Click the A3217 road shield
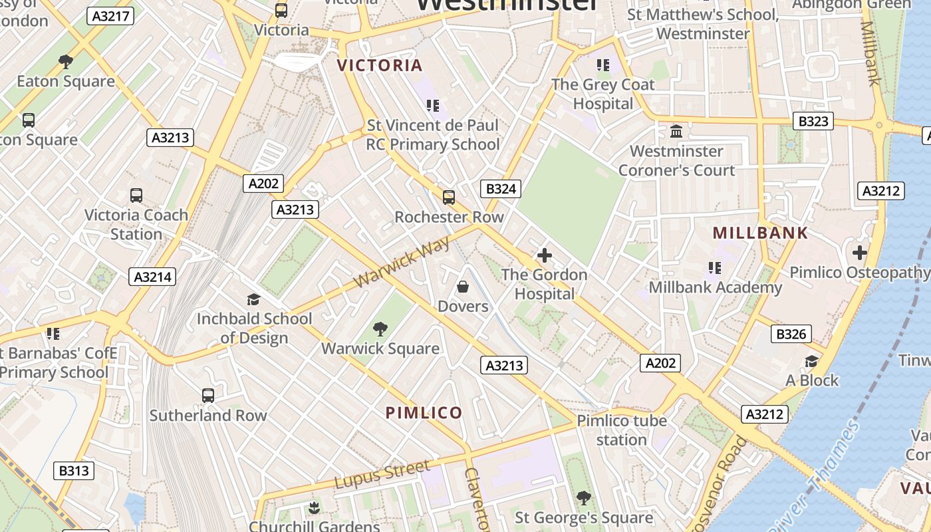[110, 16]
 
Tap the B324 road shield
[501, 189]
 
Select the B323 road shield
[813, 121]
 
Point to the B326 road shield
[791, 334]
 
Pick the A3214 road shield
[152, 277]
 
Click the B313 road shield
[74, 471]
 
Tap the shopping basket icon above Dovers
[462, 287]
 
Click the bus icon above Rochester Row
[449, 197]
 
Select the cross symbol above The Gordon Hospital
[545, 255]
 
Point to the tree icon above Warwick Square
[380, 329]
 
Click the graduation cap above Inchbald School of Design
[253, 299]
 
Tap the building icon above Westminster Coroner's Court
[677, 132]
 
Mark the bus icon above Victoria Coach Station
[136, 196]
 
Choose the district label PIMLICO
[424, 413]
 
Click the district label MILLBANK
[760, 233]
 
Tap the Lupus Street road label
[382, 475]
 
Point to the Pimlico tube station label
[622, 430]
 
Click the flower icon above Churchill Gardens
[314, 509]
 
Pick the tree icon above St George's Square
[583, 498]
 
